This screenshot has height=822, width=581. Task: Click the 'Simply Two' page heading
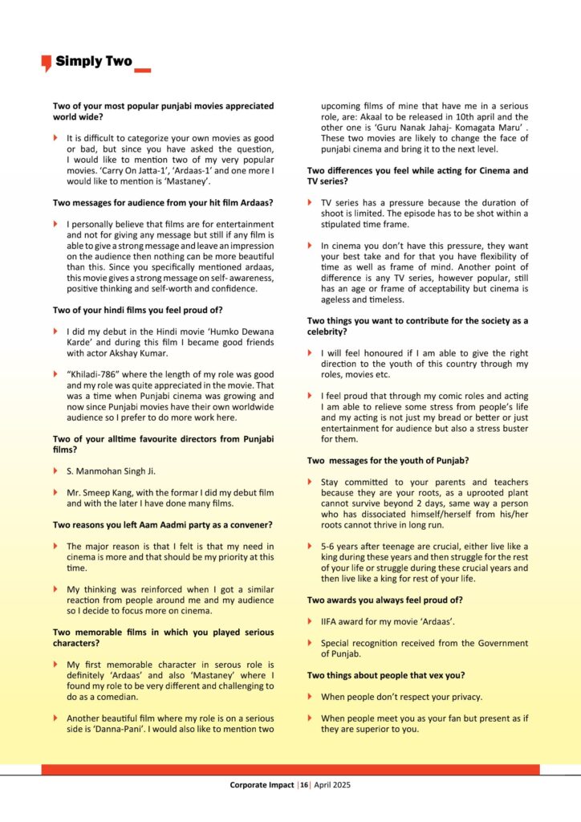click(x=93, y=61)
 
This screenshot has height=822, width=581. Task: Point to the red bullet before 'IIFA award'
click(x=311, y=622)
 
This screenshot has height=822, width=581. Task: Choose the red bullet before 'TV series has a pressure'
click(x=311, y=202)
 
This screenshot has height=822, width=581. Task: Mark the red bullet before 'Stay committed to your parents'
click(x=311, y=482)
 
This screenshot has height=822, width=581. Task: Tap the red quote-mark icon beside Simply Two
click(x=46, y=63)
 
